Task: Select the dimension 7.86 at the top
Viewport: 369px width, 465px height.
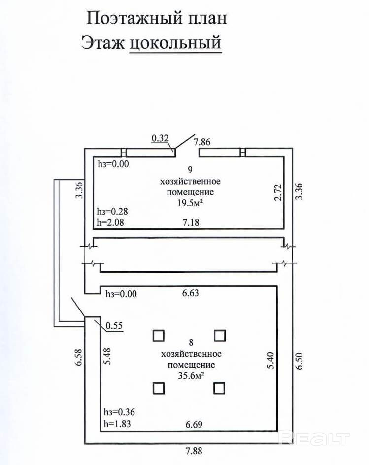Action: [202, 142]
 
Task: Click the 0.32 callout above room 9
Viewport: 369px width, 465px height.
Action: [160, 139]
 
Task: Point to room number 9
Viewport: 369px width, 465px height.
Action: [189, 171]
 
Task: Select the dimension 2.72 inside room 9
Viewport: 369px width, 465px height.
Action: [277, 192]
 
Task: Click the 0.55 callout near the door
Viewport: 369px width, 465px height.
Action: [114, 325]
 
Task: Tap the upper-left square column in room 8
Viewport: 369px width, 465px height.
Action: [158, 336]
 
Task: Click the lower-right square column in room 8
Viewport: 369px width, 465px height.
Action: [220, 388]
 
